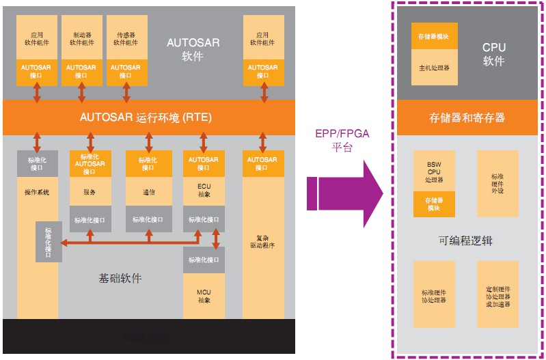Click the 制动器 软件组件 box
click(81, 38)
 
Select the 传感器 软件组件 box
click(125, 38)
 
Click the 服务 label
click(89, 193)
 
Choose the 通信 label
click(148, 193)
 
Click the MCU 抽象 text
click(204, 296)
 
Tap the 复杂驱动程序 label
click(262, 241)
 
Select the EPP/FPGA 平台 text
click(341, 140)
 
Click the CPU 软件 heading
click(493, 55)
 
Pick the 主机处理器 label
click(433, 68)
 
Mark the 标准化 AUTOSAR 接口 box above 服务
click(89, 163)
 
